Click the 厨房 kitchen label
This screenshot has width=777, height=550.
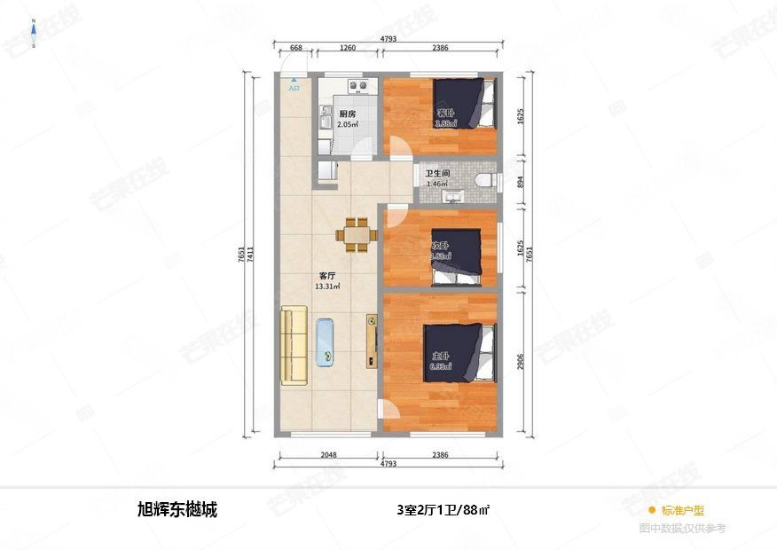tap(347, 114)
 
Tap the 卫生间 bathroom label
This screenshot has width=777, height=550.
tap(437, 174)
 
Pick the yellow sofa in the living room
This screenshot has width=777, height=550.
tap(294, 345)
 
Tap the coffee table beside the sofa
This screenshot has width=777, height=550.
tap(327, 347)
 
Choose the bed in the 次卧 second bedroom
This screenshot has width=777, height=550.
tap(457, 256)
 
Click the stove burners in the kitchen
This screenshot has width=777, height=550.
tap(358, 87)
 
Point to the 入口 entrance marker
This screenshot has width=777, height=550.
tap(294, 85)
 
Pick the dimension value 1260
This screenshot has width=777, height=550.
tap(348, 48)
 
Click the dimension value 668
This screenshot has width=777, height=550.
tap(296, 48)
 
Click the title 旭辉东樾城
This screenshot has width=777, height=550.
tap(177, 510)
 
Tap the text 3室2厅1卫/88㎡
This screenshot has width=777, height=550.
tap(443, 510)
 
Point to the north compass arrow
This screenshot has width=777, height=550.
tap(34, 30)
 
